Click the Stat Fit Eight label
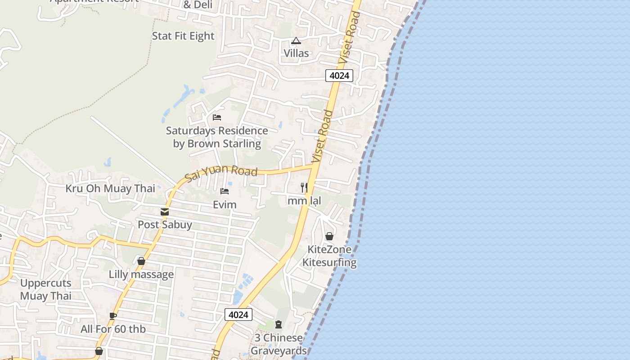183,36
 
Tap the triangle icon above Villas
296,41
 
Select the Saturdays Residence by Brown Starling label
217,137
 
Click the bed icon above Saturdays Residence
217,117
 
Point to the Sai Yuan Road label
221,172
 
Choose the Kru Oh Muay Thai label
110,189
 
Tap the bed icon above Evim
225,191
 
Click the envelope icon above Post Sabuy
165,212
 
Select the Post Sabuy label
165,225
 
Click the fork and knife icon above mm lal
304,187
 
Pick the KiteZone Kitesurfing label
329,256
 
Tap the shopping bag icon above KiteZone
329,236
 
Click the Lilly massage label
141,274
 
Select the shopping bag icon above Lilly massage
141,261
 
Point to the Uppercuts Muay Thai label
46,289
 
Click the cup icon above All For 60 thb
113,316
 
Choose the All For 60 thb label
113,329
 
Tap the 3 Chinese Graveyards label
279,344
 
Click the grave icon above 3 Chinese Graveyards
279,324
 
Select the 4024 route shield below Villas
339,76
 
